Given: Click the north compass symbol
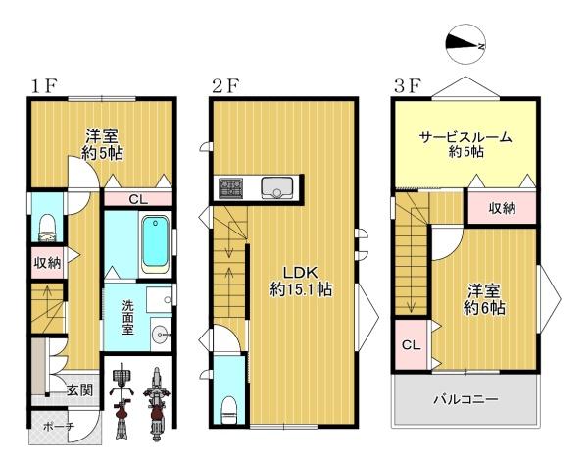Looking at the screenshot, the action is click(466, 45).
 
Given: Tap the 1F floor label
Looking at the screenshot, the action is click(43, 86).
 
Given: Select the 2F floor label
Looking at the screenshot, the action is click(225, 86).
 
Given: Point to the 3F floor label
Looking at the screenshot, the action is click(407, 86).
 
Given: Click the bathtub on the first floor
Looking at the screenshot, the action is click(155, 243).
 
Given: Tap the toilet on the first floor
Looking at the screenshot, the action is click(48, 228).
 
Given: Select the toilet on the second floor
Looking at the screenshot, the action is click(229, 410).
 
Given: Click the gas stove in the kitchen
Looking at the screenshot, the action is click(230, 188).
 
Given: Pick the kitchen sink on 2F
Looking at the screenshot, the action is click(277, 187).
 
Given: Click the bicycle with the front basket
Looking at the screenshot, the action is click(122, 400).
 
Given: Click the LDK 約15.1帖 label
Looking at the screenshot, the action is click(301, 281).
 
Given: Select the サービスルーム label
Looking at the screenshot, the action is click(465, 137).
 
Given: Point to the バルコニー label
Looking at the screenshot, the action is click(465, 398).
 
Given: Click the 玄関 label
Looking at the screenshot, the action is click(80, 389).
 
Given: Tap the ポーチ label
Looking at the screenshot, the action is click(59, 426).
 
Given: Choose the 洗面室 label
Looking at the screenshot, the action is click(127, 317).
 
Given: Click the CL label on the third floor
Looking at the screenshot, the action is click(411, 345).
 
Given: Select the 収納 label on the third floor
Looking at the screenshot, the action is click(502, 208).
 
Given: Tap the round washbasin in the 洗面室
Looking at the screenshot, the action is click(161, 334).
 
